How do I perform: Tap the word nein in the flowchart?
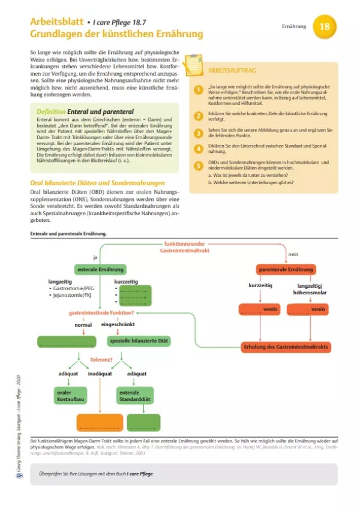293,254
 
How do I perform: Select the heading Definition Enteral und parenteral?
93,112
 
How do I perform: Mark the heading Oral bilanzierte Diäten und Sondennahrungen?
98,183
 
